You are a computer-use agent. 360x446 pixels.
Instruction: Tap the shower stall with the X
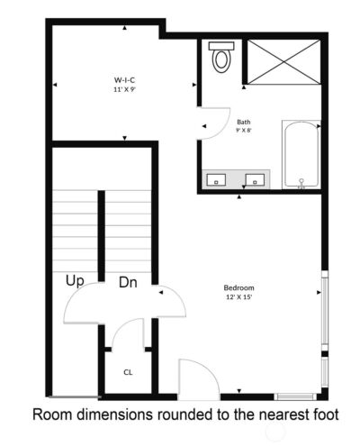coord(283,63)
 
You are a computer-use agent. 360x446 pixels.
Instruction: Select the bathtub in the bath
coord(301,155)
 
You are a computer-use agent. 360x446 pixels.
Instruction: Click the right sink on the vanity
coord(257,179)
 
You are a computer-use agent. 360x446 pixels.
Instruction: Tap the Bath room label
coord(244,122)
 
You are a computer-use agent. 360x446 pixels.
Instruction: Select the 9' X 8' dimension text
coord(244,131)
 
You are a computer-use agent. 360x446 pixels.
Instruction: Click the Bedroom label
coord(239,287)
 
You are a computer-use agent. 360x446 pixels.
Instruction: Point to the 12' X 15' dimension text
coord(239,297)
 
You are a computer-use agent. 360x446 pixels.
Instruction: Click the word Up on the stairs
coord(76,281)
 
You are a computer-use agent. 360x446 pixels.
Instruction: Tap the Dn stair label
coord(129,283)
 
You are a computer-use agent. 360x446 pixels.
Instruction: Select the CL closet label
coord(128,371)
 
